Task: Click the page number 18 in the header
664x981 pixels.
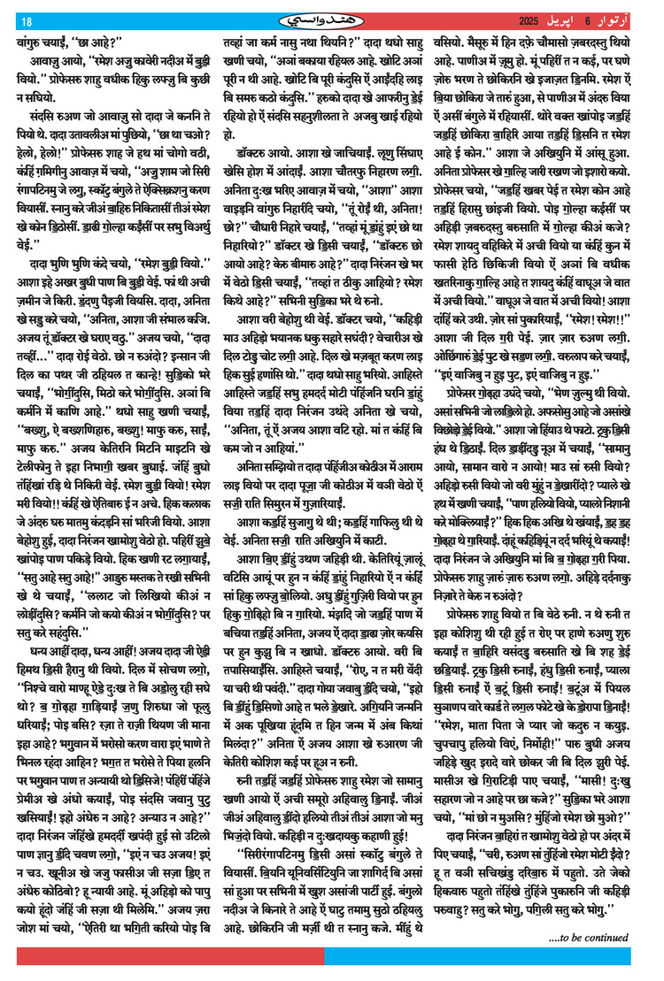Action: click(26, 21)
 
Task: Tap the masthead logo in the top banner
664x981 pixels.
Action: click(331, 20)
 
